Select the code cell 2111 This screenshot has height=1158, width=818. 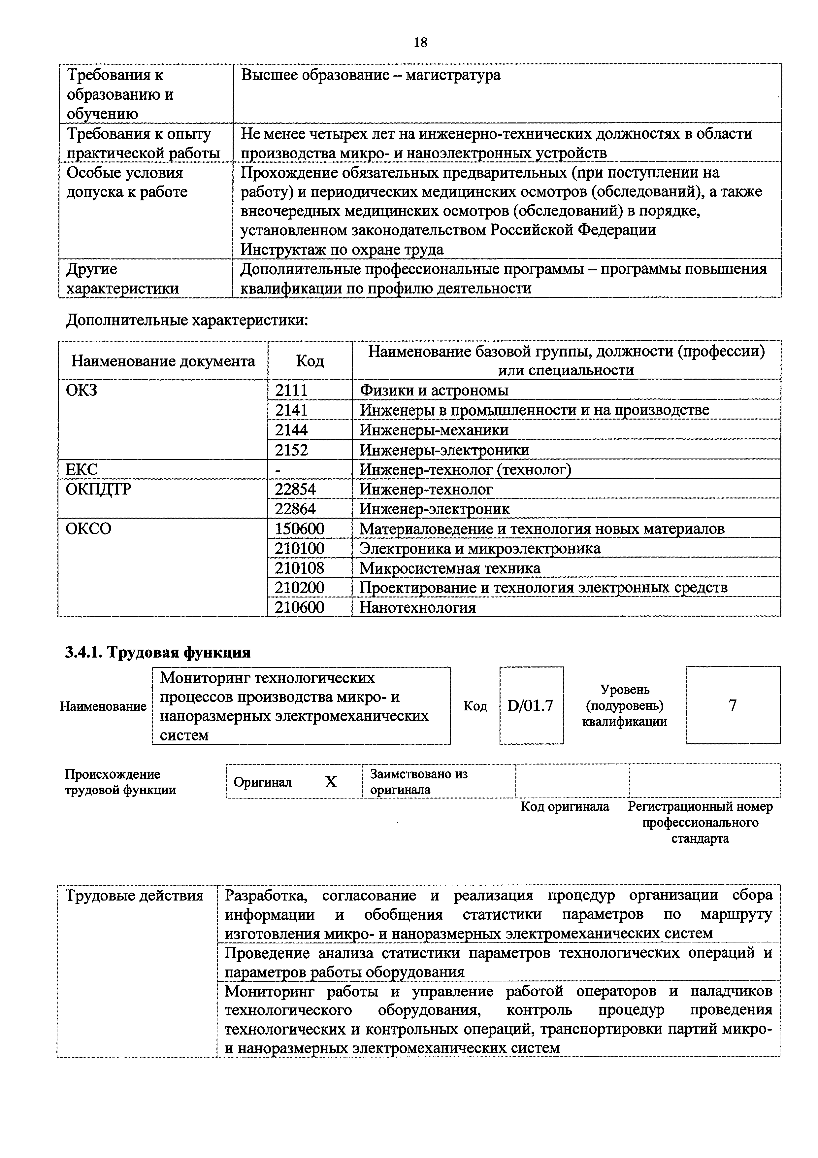(291, 390)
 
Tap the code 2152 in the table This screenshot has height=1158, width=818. (291, 449)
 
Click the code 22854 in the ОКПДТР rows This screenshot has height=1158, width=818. (295, 489)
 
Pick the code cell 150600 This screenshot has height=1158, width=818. (299, 528)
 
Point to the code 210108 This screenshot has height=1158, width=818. (299, 568)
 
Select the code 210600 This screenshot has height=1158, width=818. (299, 607)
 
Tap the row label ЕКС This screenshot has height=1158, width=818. (82, 469)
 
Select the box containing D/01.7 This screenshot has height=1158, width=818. (531, 705)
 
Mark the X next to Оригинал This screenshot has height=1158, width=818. (331, 782)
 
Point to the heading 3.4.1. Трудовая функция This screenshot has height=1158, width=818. (158, 652)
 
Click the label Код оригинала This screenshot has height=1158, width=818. (565, 806)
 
